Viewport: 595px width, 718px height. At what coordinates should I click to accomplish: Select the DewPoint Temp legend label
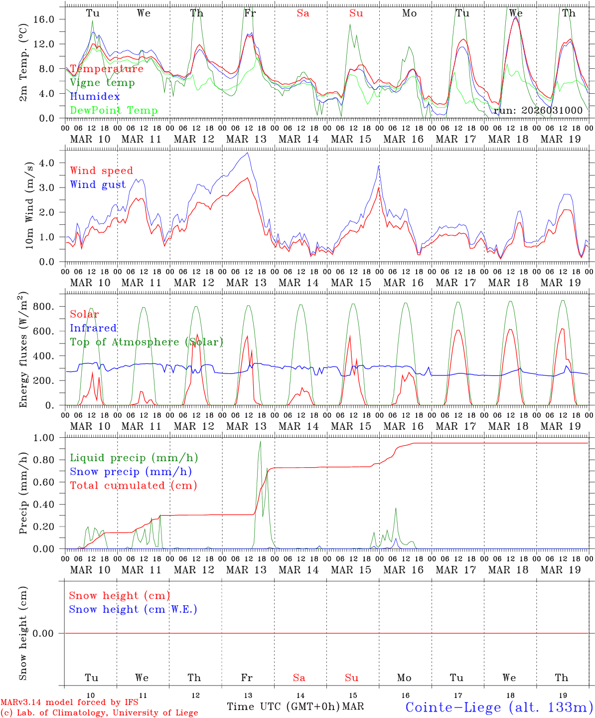point(114,110)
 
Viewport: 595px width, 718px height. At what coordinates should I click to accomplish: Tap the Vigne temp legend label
point(102,83)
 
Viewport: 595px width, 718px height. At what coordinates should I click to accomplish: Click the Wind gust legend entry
point(98,184)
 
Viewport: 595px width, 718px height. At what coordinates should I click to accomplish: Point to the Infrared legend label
point(93,328)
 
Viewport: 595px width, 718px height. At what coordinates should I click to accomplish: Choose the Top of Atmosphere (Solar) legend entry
point(147,342)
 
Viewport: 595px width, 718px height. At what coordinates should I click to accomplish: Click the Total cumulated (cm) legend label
point(134,485)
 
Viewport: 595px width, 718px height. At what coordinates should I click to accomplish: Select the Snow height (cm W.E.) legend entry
point(133,609)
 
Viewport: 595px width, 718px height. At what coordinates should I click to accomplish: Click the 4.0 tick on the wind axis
point(53,163)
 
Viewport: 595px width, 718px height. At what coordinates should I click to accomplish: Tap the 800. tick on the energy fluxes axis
point(50,307)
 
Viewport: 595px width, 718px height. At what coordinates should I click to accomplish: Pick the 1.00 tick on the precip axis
point(49,438)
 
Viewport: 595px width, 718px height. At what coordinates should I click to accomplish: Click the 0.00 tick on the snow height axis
point(49,633)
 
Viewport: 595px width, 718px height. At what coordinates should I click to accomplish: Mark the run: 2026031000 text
point(538,110)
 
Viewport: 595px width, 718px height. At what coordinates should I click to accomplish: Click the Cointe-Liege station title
point(499,707)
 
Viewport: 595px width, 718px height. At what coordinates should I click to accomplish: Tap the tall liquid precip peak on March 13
point(260,441)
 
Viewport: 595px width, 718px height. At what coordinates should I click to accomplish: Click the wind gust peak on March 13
point(248,153)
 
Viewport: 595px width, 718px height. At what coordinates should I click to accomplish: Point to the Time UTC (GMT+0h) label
point(283,707)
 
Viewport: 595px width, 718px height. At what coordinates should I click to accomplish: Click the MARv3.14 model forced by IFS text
point(69,702)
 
